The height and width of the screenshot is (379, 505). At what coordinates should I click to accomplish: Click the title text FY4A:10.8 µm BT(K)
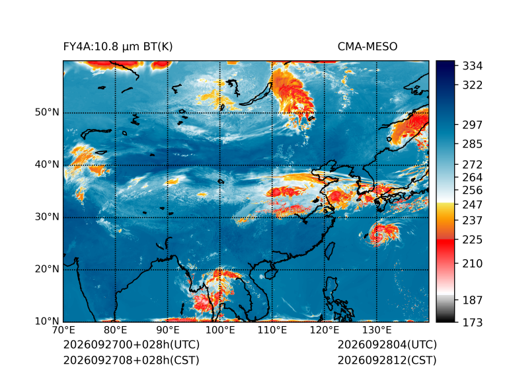pyautogui.click(x=118, y=47)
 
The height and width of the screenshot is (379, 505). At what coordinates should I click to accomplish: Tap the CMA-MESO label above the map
pyautogui.click(x=368, y=47)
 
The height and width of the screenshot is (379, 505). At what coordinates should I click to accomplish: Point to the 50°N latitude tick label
pyautogui.click(x=47, y=112)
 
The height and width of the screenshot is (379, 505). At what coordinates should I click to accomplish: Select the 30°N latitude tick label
pyautogui.click(x=47, y=217)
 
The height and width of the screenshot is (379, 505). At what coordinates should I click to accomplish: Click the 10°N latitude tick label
pyautogui.click(x=47, y=321)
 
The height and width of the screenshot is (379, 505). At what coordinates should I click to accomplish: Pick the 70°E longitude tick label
pyautogui.click(x=63, y=330)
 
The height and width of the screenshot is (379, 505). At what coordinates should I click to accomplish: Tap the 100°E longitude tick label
pyautogui.click(x=220, y=330)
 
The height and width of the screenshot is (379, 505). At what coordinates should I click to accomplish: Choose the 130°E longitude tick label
pyautogui.click(x=377, y=330)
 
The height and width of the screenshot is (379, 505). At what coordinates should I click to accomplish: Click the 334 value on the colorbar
pyautogui.click(x=473, y=66)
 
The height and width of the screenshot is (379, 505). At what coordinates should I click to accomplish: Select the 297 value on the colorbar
pyautogui.click(x=473, y=125)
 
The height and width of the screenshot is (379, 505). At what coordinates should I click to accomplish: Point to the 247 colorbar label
pyautogui.click(x=473, y=204)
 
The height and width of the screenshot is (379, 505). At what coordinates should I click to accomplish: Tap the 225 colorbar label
pyautogui.click(x=473, y=240)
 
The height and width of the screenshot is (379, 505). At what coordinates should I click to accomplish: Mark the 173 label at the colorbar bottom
pyautogui.click(x=473, y=322)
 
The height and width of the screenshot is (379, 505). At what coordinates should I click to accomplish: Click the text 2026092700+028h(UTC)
pyautogui.click(x=132, y=345)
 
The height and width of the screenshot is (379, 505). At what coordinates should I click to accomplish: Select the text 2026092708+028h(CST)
pyautogui.click(x=132, y=360)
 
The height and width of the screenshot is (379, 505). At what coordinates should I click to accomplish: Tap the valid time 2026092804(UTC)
pyautogui.click(x=387, y=345)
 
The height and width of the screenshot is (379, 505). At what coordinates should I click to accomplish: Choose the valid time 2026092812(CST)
pyautogui.click(x=387, y=360)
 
